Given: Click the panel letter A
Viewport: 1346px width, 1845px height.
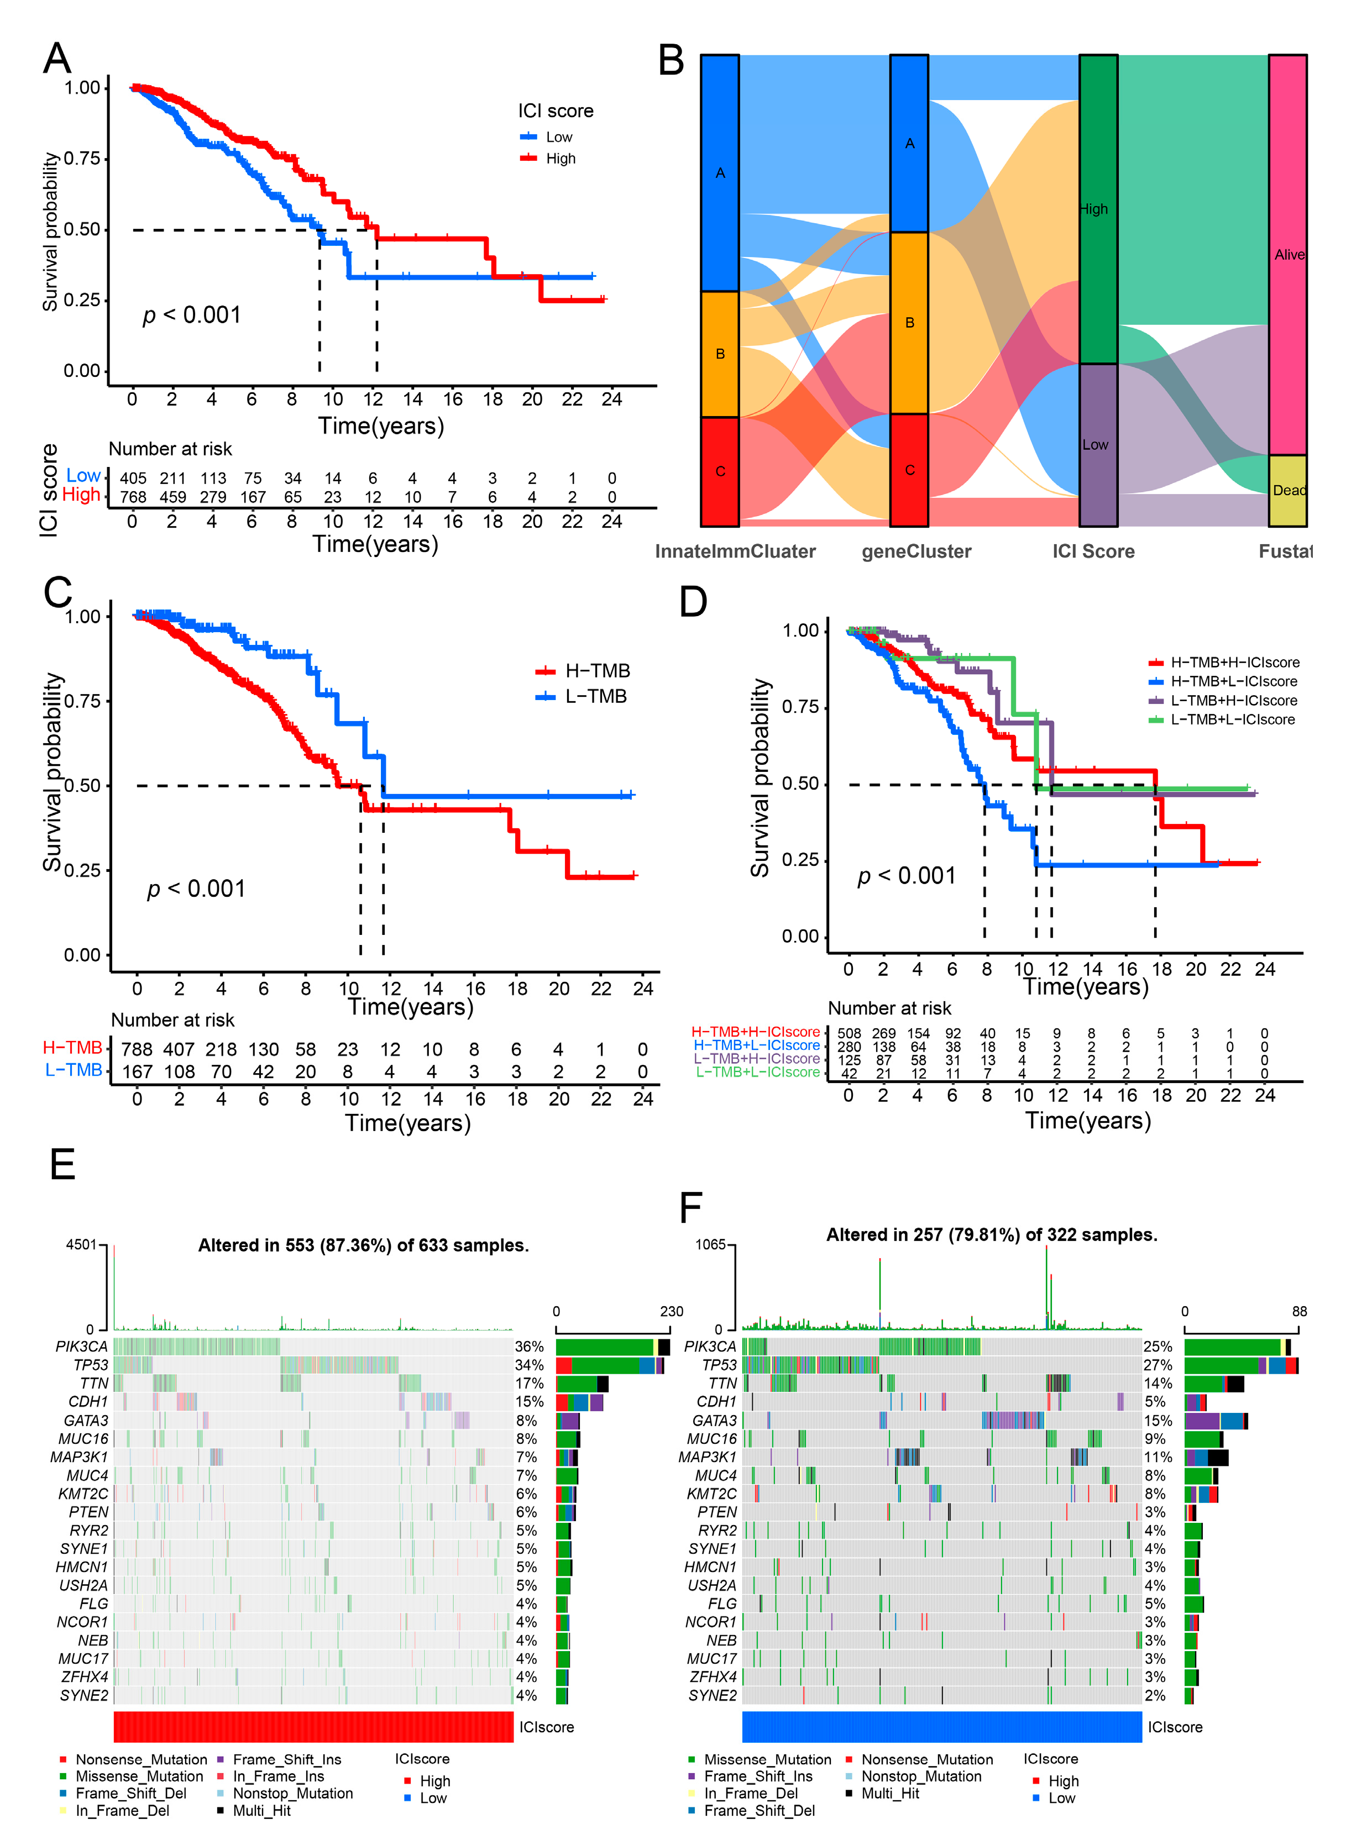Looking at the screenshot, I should (57, 59).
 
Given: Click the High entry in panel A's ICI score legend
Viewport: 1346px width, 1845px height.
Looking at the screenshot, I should (560, 159).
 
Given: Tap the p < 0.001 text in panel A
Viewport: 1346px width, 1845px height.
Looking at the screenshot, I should (192, 316).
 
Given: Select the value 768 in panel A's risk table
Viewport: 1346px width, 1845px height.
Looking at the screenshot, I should (133, 497).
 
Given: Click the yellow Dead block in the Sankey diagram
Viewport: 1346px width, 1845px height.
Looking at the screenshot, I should (1287, 490).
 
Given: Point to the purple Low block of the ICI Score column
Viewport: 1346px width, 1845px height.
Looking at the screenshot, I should (1097, 445).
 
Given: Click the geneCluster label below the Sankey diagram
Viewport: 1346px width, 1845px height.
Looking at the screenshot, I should (916, 551).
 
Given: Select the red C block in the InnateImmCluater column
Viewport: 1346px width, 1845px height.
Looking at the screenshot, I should (720, 472).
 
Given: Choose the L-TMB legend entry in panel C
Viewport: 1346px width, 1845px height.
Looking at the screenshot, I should (595, 696).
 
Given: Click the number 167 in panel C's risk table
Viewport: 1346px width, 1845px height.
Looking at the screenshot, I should (137, 1071).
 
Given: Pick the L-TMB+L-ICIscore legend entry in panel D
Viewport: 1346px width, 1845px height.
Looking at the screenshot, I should (1232, 719).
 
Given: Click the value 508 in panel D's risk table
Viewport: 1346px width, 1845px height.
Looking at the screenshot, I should (849, 1033).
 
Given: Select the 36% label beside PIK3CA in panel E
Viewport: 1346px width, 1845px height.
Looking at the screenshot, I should (529, 1347).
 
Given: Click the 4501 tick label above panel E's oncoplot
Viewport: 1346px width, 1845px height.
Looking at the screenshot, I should (81, 1245).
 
